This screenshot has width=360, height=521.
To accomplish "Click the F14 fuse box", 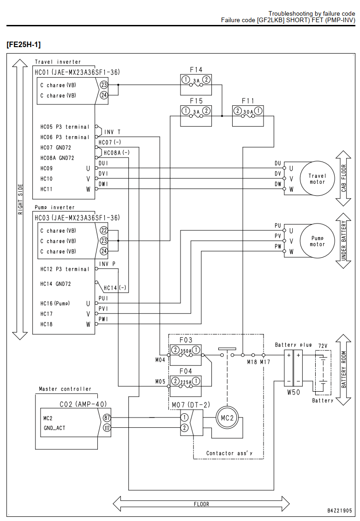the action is (x=196, y=85).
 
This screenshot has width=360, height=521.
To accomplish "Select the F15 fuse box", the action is (x=196, y=116).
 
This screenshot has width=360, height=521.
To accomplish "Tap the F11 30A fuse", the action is (x=248, y=116).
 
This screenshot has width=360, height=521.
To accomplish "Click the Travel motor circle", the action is (x=317, y=179).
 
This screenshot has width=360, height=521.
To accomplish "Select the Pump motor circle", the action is (x=317, y=241).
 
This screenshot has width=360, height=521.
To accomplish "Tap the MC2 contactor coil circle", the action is (x=227, y=418).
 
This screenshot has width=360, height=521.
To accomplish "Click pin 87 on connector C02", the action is (x=107, y=418).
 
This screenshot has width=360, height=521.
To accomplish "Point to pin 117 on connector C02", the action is (x=107, y=428).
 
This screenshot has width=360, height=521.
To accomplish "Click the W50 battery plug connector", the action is (x=293, y=368).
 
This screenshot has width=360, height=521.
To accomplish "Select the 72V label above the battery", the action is (x=323, y=346).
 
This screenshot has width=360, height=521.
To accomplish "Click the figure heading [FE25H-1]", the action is (x=24, y=44).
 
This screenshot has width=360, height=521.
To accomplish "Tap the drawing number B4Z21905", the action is (x=339, y=510).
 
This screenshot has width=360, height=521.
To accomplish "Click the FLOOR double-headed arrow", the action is (x=201, y=504).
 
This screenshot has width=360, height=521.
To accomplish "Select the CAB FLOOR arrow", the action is (x=343, y=178).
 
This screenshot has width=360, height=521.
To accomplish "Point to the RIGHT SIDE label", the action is (x=21, y=200).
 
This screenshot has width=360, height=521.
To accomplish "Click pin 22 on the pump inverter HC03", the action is (x=104, y=230).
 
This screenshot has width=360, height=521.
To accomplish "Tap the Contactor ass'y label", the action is (x=229, y=453).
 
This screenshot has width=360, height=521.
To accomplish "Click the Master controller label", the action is (x=65, y=389).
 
